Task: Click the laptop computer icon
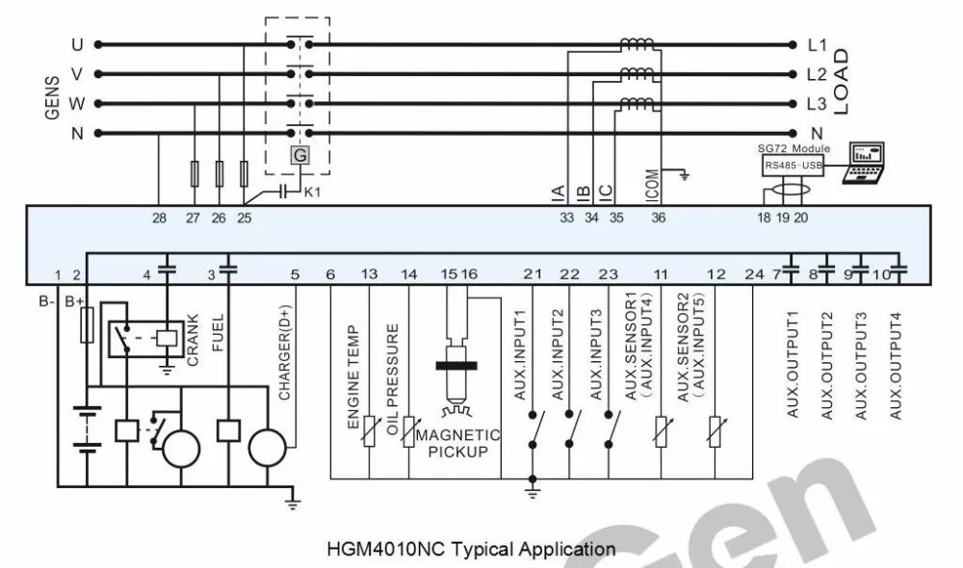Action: point(864,163)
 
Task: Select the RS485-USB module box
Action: point(793,166)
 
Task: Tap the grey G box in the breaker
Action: point(300,156)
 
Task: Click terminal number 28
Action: point(159,218)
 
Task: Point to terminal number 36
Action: point(658,218)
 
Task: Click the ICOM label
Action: point(653,186)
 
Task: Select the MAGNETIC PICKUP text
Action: point(458,444)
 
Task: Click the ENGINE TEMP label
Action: point(353,377)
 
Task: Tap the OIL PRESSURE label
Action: point(393,379)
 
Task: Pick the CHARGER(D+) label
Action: point(284,352)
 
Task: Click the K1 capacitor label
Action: point(313,193)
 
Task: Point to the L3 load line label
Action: point(817,104)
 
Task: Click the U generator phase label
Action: point(77,45)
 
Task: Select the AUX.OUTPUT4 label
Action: point(896,366)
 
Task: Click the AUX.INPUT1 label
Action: point(520,355)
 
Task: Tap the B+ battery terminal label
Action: point(74,301)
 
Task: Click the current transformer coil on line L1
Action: point(637,44)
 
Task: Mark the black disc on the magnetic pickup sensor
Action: point(456,366)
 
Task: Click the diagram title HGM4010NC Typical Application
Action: point(471,549)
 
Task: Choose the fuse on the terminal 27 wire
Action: point(195,174)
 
